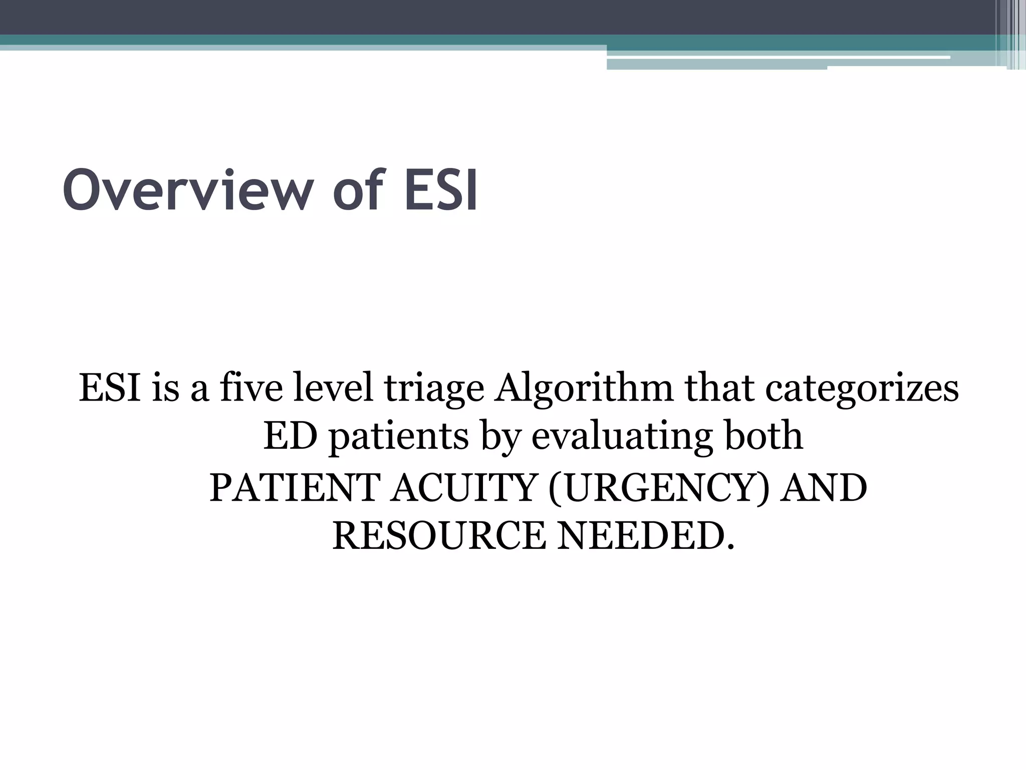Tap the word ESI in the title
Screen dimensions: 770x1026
point(441,191)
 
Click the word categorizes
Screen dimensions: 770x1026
point(862,389)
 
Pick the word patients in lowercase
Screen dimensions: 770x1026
point(399,437)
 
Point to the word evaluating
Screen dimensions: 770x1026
point(621,437)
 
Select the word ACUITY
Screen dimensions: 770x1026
point(463,488)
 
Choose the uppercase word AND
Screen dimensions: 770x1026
point(824,488)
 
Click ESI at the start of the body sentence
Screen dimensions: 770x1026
point(110,388)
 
